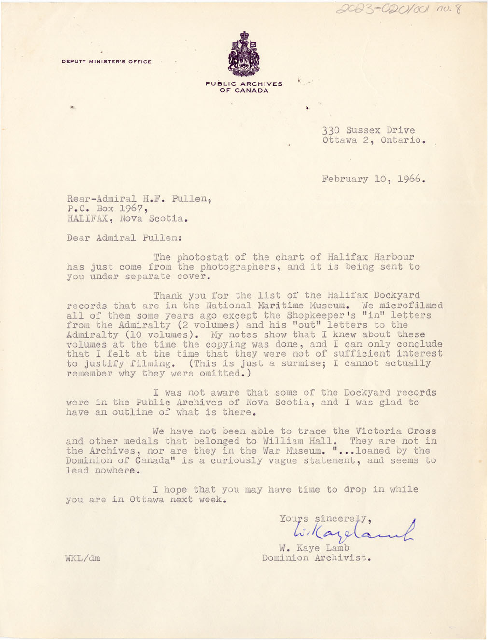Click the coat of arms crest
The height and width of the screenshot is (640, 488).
pos(244,54)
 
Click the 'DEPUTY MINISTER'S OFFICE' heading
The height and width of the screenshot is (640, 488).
pos(107,62)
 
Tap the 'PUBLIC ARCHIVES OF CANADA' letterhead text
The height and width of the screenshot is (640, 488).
pos(244,87)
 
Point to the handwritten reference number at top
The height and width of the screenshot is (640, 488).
pos(398,9)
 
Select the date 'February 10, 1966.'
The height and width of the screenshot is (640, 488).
pos(374,179)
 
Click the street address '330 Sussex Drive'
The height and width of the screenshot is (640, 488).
pos(369,130)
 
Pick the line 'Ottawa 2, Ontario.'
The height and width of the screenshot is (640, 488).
pos(374,140)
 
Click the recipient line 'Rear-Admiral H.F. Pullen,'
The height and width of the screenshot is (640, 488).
pos(139,199)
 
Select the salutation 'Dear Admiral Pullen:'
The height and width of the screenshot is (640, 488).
pos(125,238)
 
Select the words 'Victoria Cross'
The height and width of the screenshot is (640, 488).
pos(396,431)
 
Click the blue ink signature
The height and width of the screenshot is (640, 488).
pos(352,531)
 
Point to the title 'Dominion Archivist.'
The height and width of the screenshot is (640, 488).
pos(317,558)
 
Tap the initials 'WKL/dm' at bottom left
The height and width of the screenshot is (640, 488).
pos(83,558)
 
